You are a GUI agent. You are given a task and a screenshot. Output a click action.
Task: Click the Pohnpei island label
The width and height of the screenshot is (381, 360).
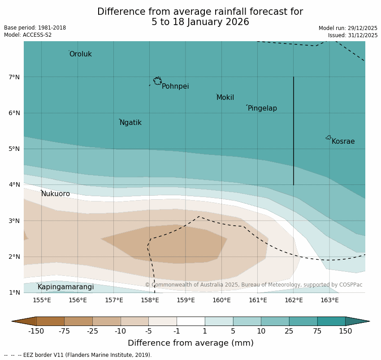point(175,86)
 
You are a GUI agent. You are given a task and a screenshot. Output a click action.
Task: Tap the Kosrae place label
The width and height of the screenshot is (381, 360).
point(343,141)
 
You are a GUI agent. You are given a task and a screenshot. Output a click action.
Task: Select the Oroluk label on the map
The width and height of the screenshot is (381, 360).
point(80,54)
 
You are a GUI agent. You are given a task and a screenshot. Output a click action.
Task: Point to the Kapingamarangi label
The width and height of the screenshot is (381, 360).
point(65,287)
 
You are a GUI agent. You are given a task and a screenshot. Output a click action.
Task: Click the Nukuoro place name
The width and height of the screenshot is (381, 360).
point(56,194)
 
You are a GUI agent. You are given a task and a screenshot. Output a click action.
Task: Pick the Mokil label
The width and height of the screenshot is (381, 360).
point(225,98)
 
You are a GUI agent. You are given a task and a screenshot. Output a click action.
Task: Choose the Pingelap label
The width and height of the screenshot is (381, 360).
point(262,108)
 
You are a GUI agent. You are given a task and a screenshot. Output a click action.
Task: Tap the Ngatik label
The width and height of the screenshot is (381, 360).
point(130,123)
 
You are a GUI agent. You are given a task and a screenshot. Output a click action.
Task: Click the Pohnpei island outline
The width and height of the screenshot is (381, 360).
point(157,81)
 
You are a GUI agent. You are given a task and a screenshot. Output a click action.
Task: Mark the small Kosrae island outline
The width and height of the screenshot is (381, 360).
point(329,137)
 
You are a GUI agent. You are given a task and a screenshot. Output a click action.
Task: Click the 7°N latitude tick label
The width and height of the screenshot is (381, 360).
point(14,77)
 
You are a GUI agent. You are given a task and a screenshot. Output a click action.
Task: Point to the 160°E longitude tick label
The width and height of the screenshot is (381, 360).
point(221,300)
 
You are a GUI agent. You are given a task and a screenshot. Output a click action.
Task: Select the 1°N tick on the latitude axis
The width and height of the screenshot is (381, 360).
point(14,292)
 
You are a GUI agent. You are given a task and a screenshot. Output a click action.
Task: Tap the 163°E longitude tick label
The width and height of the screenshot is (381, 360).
point(329,300)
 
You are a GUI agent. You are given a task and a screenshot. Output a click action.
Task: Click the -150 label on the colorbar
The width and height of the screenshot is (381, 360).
point(36,331)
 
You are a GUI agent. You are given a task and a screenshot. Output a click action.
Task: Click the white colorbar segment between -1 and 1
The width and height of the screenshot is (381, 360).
point(190,321)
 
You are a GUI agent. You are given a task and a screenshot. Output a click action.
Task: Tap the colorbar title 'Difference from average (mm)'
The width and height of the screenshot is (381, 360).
point(190,343)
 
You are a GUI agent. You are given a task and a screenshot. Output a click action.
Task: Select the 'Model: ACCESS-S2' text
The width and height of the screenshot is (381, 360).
point(28,35)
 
